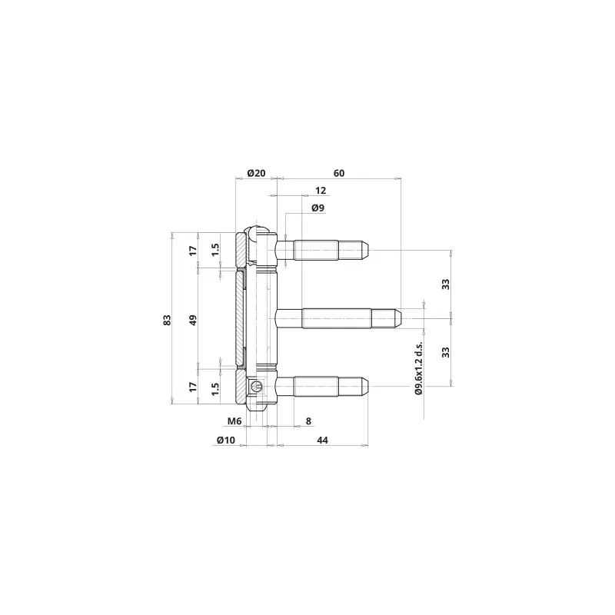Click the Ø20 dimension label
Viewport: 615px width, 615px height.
257,173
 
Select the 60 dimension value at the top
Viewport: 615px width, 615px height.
339,173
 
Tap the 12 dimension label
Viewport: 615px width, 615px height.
321,191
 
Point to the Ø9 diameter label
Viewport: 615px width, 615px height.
318,208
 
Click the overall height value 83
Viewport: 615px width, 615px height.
168,320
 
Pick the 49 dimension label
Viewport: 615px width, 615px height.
193,320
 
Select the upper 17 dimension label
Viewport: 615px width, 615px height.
193,251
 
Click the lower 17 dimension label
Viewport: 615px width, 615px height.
193,387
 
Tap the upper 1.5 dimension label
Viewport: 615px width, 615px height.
215,250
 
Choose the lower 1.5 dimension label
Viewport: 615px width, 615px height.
215,389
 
